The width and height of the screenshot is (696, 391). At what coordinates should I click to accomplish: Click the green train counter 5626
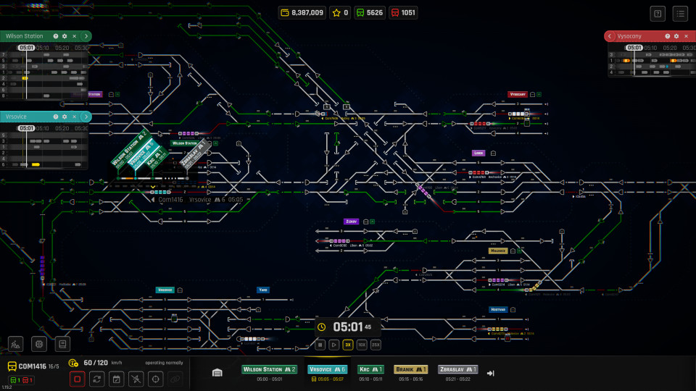[369, 12]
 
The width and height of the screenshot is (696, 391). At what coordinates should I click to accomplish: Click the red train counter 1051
[403, 12]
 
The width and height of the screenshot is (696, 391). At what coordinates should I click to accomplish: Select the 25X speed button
[375, 345]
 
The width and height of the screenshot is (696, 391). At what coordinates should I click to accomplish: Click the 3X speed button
[348, 345]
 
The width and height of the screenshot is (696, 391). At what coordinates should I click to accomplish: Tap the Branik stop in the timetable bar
[410, 369]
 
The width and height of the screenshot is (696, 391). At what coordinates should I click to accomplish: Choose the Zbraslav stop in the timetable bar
[457, 369]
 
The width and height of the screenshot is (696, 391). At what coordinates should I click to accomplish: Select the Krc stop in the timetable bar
[370, 369]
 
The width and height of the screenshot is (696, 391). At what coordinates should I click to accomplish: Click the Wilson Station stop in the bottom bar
[270, 369]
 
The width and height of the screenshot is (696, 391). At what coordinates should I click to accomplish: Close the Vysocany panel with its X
[685, 36]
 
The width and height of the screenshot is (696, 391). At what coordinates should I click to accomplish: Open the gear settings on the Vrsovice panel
[64, 117]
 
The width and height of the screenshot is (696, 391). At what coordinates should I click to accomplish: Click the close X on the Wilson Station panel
[74, 35]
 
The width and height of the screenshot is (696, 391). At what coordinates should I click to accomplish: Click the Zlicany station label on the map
[352, 222]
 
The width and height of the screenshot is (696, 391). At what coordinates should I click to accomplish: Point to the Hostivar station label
[497, 309]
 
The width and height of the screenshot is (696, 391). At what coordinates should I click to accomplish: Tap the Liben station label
[478, 154]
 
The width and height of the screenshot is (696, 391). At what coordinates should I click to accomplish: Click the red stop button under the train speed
[78, 378]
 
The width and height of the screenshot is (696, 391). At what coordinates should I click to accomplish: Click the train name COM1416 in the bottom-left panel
[32, 366]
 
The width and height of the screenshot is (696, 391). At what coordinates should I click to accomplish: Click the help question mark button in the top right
[658, 13]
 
